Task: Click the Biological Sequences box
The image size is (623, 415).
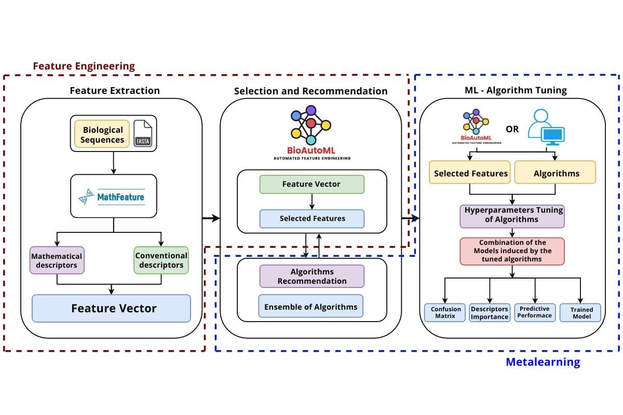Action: pos(102,134)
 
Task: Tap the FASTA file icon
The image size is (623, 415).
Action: pos(143,134)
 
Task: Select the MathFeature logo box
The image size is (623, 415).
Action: pos(114,196)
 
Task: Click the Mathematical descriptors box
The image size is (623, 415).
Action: pos(57,260)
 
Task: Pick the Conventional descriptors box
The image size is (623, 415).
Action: pos(161,260)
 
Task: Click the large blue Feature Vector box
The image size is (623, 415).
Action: pos(111,308)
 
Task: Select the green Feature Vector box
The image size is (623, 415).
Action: pos(311,184)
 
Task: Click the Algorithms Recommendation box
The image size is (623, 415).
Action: pos(312,276)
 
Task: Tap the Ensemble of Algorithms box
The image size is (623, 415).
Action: pos(311,307)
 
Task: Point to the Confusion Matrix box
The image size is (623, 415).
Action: pos(445,312)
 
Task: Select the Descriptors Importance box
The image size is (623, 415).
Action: pos(489,312)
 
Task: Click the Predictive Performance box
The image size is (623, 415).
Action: pos(535,312)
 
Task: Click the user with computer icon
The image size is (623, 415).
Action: pos(546,127)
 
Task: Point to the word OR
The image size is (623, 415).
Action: pos(512,129)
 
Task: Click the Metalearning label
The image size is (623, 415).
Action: pos(543,362)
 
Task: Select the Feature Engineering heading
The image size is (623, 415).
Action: pos(84,66)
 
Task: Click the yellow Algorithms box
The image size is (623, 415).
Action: pos(556,174)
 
